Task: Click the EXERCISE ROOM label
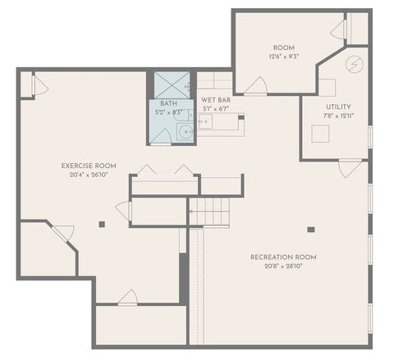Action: [89, 166]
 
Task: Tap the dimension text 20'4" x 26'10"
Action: [89, 174]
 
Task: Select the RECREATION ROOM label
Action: [283, 257]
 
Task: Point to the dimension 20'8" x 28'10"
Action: [283, 266]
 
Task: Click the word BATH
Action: [168, 103]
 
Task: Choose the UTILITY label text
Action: [337, 107]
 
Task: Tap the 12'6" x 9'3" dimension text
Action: [283, 57]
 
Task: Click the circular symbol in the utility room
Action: [355, 63]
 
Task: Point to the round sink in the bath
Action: [187, 130]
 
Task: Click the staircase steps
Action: [210, 212]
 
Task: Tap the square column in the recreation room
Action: [310, 230]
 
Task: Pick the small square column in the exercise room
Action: [103, 224]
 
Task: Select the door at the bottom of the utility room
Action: [350, 167]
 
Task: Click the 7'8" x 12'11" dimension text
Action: [337, 116]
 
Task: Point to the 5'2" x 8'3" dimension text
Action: [168, 112]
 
